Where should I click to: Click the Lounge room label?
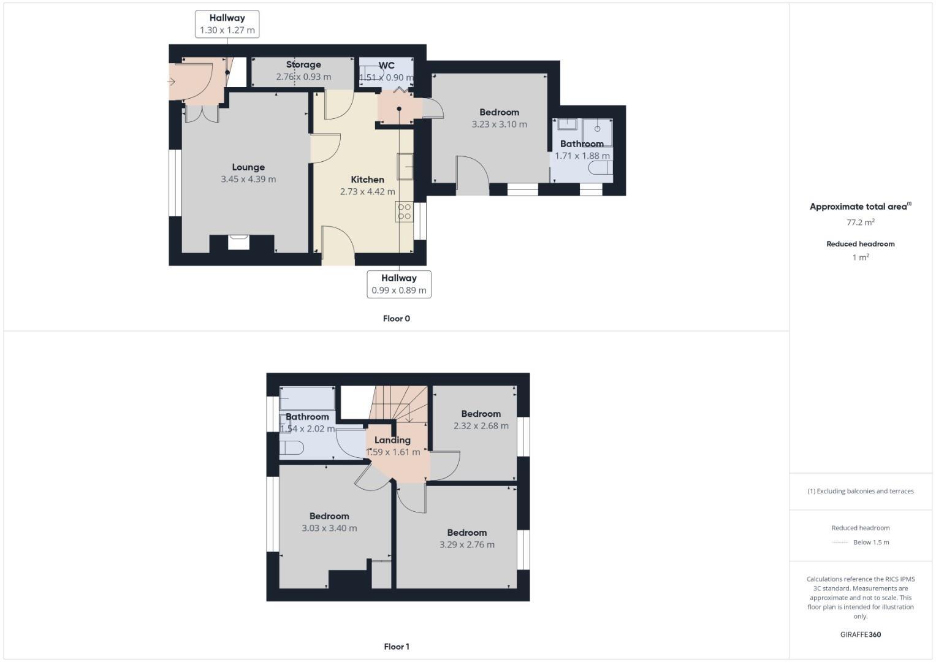248,167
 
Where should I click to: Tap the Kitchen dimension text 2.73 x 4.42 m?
367,192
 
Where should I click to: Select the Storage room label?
303,64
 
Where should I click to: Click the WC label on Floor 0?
386,66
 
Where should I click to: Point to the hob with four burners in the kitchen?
404,211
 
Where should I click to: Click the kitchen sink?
405,166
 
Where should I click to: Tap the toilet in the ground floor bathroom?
599,169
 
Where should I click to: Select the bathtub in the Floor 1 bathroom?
307,398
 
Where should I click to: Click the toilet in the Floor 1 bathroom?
291,447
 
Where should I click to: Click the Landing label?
392,440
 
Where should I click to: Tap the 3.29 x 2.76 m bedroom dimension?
466,545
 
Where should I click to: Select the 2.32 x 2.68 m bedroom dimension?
481,426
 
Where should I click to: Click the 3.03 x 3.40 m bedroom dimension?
329,528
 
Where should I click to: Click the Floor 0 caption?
396,319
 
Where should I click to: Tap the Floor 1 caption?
396,647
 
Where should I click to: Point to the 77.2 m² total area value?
860,223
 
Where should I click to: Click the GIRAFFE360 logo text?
860,634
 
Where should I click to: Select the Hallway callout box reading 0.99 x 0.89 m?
398,284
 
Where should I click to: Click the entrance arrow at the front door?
172,82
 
